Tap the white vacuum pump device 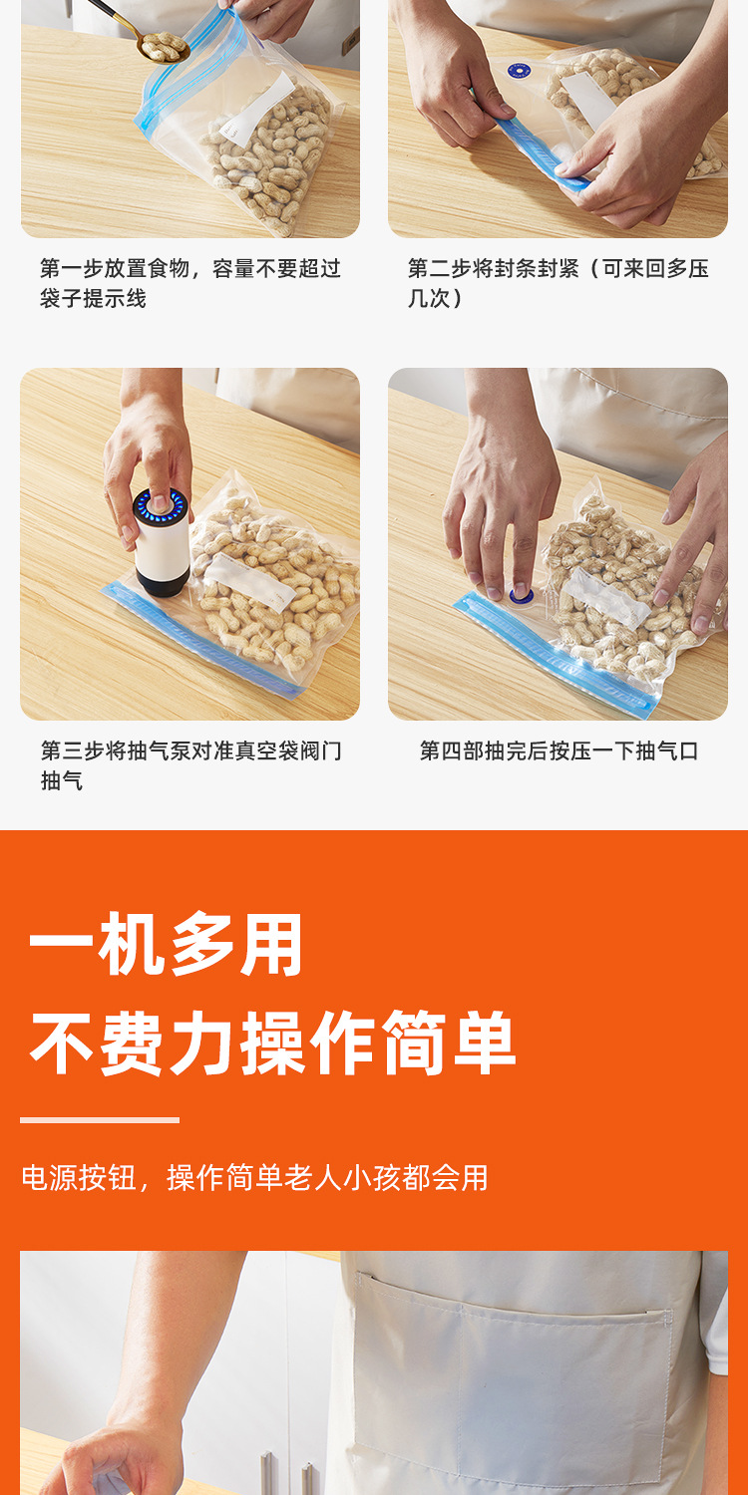(x=162, y=543)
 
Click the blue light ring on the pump (x=161, y=505)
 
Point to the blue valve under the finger (x=521, y=595)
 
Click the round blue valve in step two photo (x=517, y=71)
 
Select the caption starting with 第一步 (x=189, y=283)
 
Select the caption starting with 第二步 (x=558, y=283)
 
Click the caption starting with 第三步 (x=190, y=764)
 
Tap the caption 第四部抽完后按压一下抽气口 (x=559, y=750)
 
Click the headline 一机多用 (x=166, y=945)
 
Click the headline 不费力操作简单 (x=272, y=1043)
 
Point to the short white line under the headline (x=100, y=1120)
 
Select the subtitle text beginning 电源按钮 (x=255, y=1178)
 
